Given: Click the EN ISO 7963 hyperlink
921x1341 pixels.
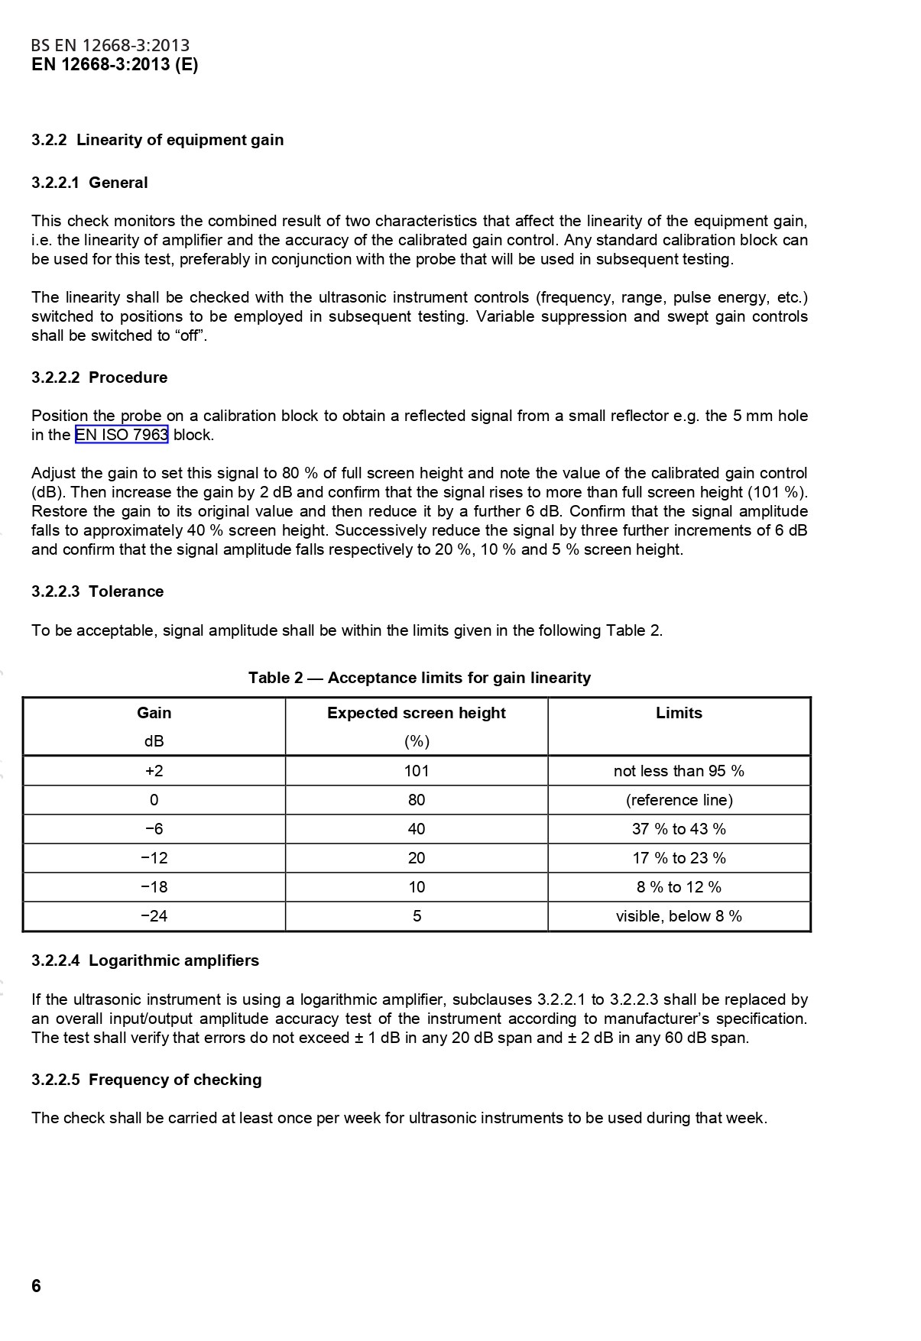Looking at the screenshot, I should [x=121, y=435].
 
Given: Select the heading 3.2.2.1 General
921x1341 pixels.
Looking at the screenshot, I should [x=89, y=183].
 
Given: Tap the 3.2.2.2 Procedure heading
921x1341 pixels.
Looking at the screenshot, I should [x=99, y=377].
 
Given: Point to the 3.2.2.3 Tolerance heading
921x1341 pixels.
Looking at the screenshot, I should [x=97, y=591].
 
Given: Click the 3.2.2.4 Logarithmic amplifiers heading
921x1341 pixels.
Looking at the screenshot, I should [x=145, y=960].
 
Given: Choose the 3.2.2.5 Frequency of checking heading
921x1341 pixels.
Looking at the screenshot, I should [x=146, y=1080].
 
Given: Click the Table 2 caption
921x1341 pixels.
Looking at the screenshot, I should [x=419, y=678].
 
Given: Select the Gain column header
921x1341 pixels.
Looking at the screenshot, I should [x=154, y=713].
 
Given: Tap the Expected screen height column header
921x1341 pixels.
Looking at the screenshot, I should [x=416, y=713].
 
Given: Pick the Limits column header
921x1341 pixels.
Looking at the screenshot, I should [x=679, y=713].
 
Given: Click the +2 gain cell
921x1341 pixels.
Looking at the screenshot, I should [x=154, y=771].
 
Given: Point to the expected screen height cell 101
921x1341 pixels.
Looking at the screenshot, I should [x=417, y=771].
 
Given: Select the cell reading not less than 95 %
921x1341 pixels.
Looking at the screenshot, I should [x=679, y=771].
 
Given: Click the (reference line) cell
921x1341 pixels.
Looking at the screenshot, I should [x=679, y=800].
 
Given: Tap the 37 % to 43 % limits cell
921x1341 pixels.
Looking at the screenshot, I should [x=679, y=829].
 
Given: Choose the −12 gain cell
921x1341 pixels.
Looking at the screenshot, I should [x=154, y=858].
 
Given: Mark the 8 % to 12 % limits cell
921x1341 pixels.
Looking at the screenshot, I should [x=679, y=887].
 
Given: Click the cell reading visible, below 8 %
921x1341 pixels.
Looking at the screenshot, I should [x=679, y=916].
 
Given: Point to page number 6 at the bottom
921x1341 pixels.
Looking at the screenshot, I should [x=36, y=1286].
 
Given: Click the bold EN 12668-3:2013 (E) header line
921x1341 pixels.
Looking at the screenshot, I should [x=115, y=65].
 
